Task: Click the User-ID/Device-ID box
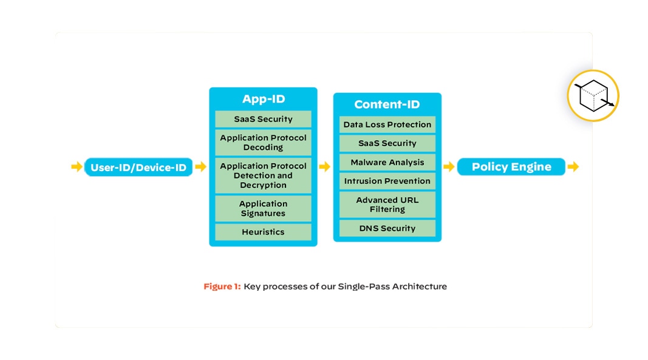(138, 167)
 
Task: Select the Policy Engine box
(511, 167)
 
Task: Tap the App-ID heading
(263, 99)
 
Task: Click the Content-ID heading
(387, 104)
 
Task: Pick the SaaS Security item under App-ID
(263, 119)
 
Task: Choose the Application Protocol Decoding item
(263, 143)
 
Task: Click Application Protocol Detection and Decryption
(263, 175)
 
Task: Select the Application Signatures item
(263, 208)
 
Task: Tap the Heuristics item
(263, 232)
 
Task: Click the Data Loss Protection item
(387, 124)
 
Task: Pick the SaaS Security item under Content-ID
(387, 143)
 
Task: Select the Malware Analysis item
(387, 162)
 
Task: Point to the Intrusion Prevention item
(387, 181)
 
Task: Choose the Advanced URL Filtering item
(387, 205)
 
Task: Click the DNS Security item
(387, 228)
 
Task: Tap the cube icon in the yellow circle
(593, 96)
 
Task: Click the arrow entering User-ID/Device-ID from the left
(77, 167)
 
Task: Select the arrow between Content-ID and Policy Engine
(449, 167)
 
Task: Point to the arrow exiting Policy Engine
(573, 167)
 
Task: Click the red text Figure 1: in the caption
(222, 287)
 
